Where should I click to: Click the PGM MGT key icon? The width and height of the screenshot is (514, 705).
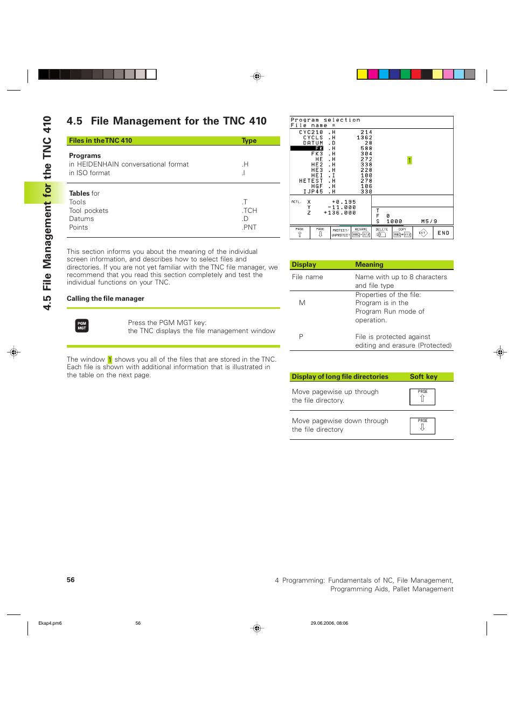click(82, 326)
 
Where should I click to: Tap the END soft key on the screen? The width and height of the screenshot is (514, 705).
click(443, 233)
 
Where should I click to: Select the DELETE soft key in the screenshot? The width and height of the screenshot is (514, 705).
click(381, 233)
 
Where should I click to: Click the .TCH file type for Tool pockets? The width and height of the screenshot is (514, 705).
click(249, 211)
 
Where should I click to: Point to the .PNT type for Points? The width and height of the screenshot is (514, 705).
click(249, 227)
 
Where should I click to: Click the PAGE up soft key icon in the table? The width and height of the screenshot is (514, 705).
click(422, 397)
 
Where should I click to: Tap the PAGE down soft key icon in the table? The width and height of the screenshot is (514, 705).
click(422, 426)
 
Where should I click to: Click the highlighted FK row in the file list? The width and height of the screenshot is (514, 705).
click(307, 148)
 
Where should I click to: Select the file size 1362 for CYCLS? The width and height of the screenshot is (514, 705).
click(364, 137)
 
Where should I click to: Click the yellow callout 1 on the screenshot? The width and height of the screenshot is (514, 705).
click(409, 160)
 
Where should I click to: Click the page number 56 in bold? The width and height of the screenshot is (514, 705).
click(71, 580)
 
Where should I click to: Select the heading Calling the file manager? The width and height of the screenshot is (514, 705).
click(106, 299)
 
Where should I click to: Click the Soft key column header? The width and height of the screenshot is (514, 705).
click(423, 377)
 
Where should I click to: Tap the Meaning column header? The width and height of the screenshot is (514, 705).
click(369, 265)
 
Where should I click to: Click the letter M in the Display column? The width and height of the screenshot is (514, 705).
click(302, 303)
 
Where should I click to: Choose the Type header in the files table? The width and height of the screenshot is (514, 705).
click(249, 141)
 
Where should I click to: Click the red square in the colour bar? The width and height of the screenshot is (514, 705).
click(416, 74)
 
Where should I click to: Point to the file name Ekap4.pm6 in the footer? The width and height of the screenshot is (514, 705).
click(50, 623)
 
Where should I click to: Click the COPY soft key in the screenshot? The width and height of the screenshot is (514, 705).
click(402, 233)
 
